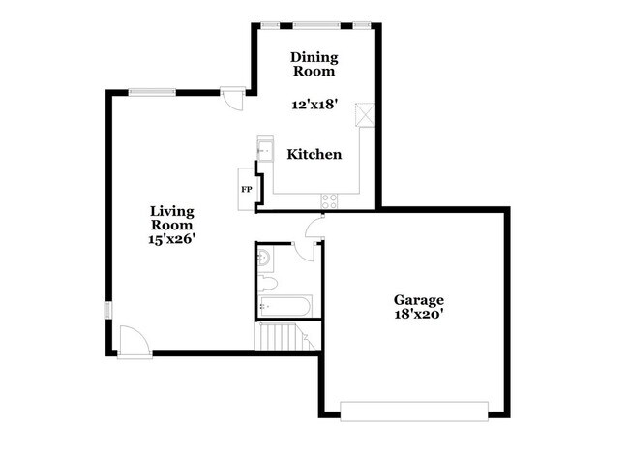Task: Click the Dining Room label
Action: point(314,64)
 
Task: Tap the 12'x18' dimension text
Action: point(314,104)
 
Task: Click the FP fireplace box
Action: point(246,188)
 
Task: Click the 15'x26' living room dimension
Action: point(173,240)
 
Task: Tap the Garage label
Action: point(419,299)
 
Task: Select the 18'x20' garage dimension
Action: point(419,314)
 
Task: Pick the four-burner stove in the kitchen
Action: point(330,200)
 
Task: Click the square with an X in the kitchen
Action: point(366,113)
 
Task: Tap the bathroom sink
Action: point(263,258)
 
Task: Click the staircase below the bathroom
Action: point(278,338)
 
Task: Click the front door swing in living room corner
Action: point(128,339)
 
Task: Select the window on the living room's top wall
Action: point(152,93)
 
